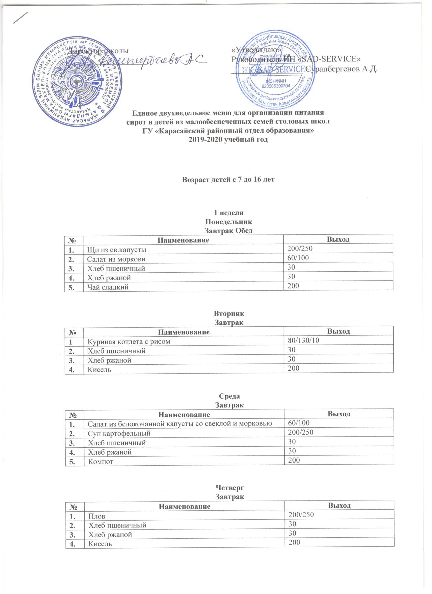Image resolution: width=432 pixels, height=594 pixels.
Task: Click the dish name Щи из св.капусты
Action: [x=117, y=249]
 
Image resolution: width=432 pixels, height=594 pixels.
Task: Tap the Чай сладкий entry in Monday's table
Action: [x=108, y=287]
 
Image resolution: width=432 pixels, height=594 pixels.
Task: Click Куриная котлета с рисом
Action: [x=129, y=341]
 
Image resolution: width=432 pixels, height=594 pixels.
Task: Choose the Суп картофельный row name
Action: [x=119, y=433]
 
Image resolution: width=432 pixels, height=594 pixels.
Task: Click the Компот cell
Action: [x=101, y=461]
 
